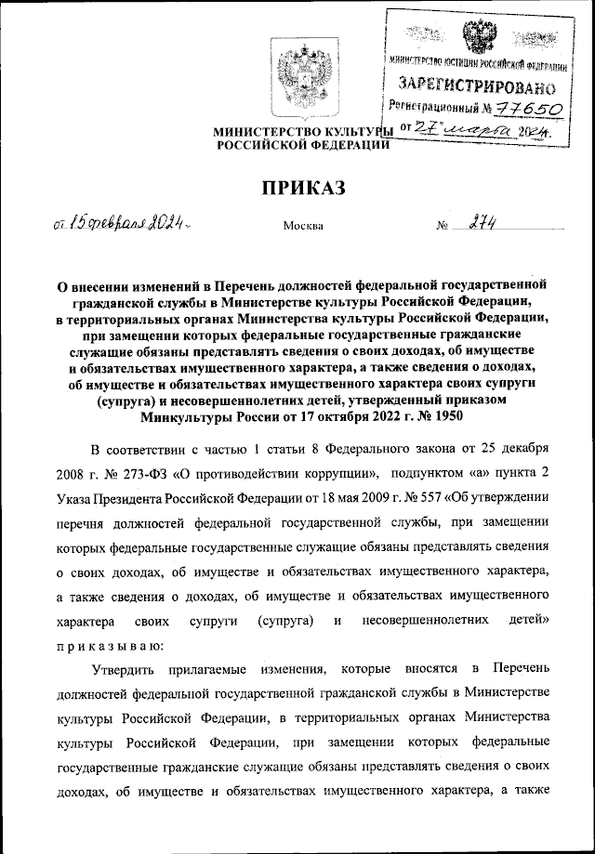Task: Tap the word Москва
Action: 302,226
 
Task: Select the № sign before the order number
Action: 442,226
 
